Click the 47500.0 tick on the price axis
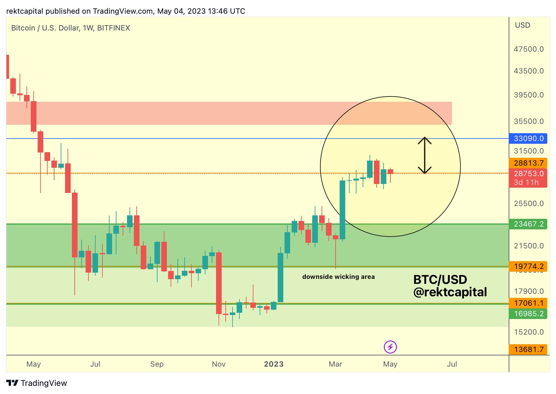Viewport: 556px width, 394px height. coord(529,49)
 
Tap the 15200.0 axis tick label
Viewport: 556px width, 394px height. coord(529,332)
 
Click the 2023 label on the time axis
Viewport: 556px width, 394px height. coord(274,364)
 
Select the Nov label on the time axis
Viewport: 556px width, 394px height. coord(219,364)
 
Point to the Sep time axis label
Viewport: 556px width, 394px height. coord(157,364)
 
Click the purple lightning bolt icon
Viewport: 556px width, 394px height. coord(390,347)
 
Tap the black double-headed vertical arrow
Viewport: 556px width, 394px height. coord(424,155)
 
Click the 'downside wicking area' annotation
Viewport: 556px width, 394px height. coord(338,277)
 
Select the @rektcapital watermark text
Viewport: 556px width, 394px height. coord(450,292)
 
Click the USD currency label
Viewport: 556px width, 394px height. coord(522,25)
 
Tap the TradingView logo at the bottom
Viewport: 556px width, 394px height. coord(37,383)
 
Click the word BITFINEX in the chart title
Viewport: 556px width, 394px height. coord(114,28)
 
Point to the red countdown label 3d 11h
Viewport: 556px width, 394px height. coord(526,182)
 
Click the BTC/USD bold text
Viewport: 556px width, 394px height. coord(440,279)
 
